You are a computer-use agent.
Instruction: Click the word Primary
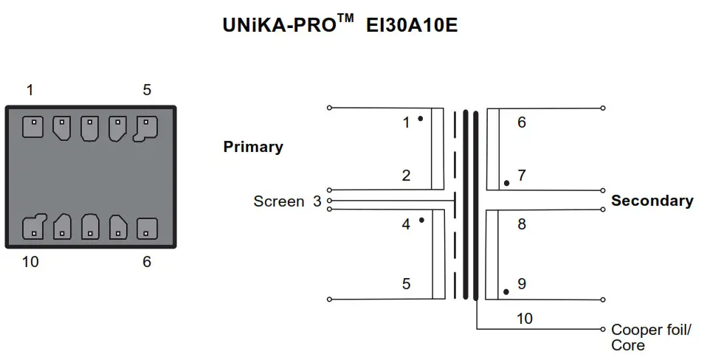click(253, 147)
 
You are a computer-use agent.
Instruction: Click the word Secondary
click(652, 201)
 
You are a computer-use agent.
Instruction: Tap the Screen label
click(278, 201)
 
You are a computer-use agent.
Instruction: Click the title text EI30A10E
click(413, 24)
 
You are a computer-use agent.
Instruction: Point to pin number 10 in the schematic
click(524, 319)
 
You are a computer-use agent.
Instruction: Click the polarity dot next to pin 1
click(420, 118)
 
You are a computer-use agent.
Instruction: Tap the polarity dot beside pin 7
click(506, 182)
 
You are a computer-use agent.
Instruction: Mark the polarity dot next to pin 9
click(506, 291)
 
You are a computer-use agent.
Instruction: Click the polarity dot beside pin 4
click(421, 220)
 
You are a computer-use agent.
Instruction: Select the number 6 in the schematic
click(522, 122)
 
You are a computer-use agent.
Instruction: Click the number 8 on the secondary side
click(522, 224)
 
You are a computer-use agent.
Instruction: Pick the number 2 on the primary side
click(406, 176)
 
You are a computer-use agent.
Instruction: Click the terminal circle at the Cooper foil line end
click(603, 328)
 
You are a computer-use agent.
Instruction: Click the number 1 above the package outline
click(30, 90)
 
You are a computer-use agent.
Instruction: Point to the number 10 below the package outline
click(30, 261)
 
